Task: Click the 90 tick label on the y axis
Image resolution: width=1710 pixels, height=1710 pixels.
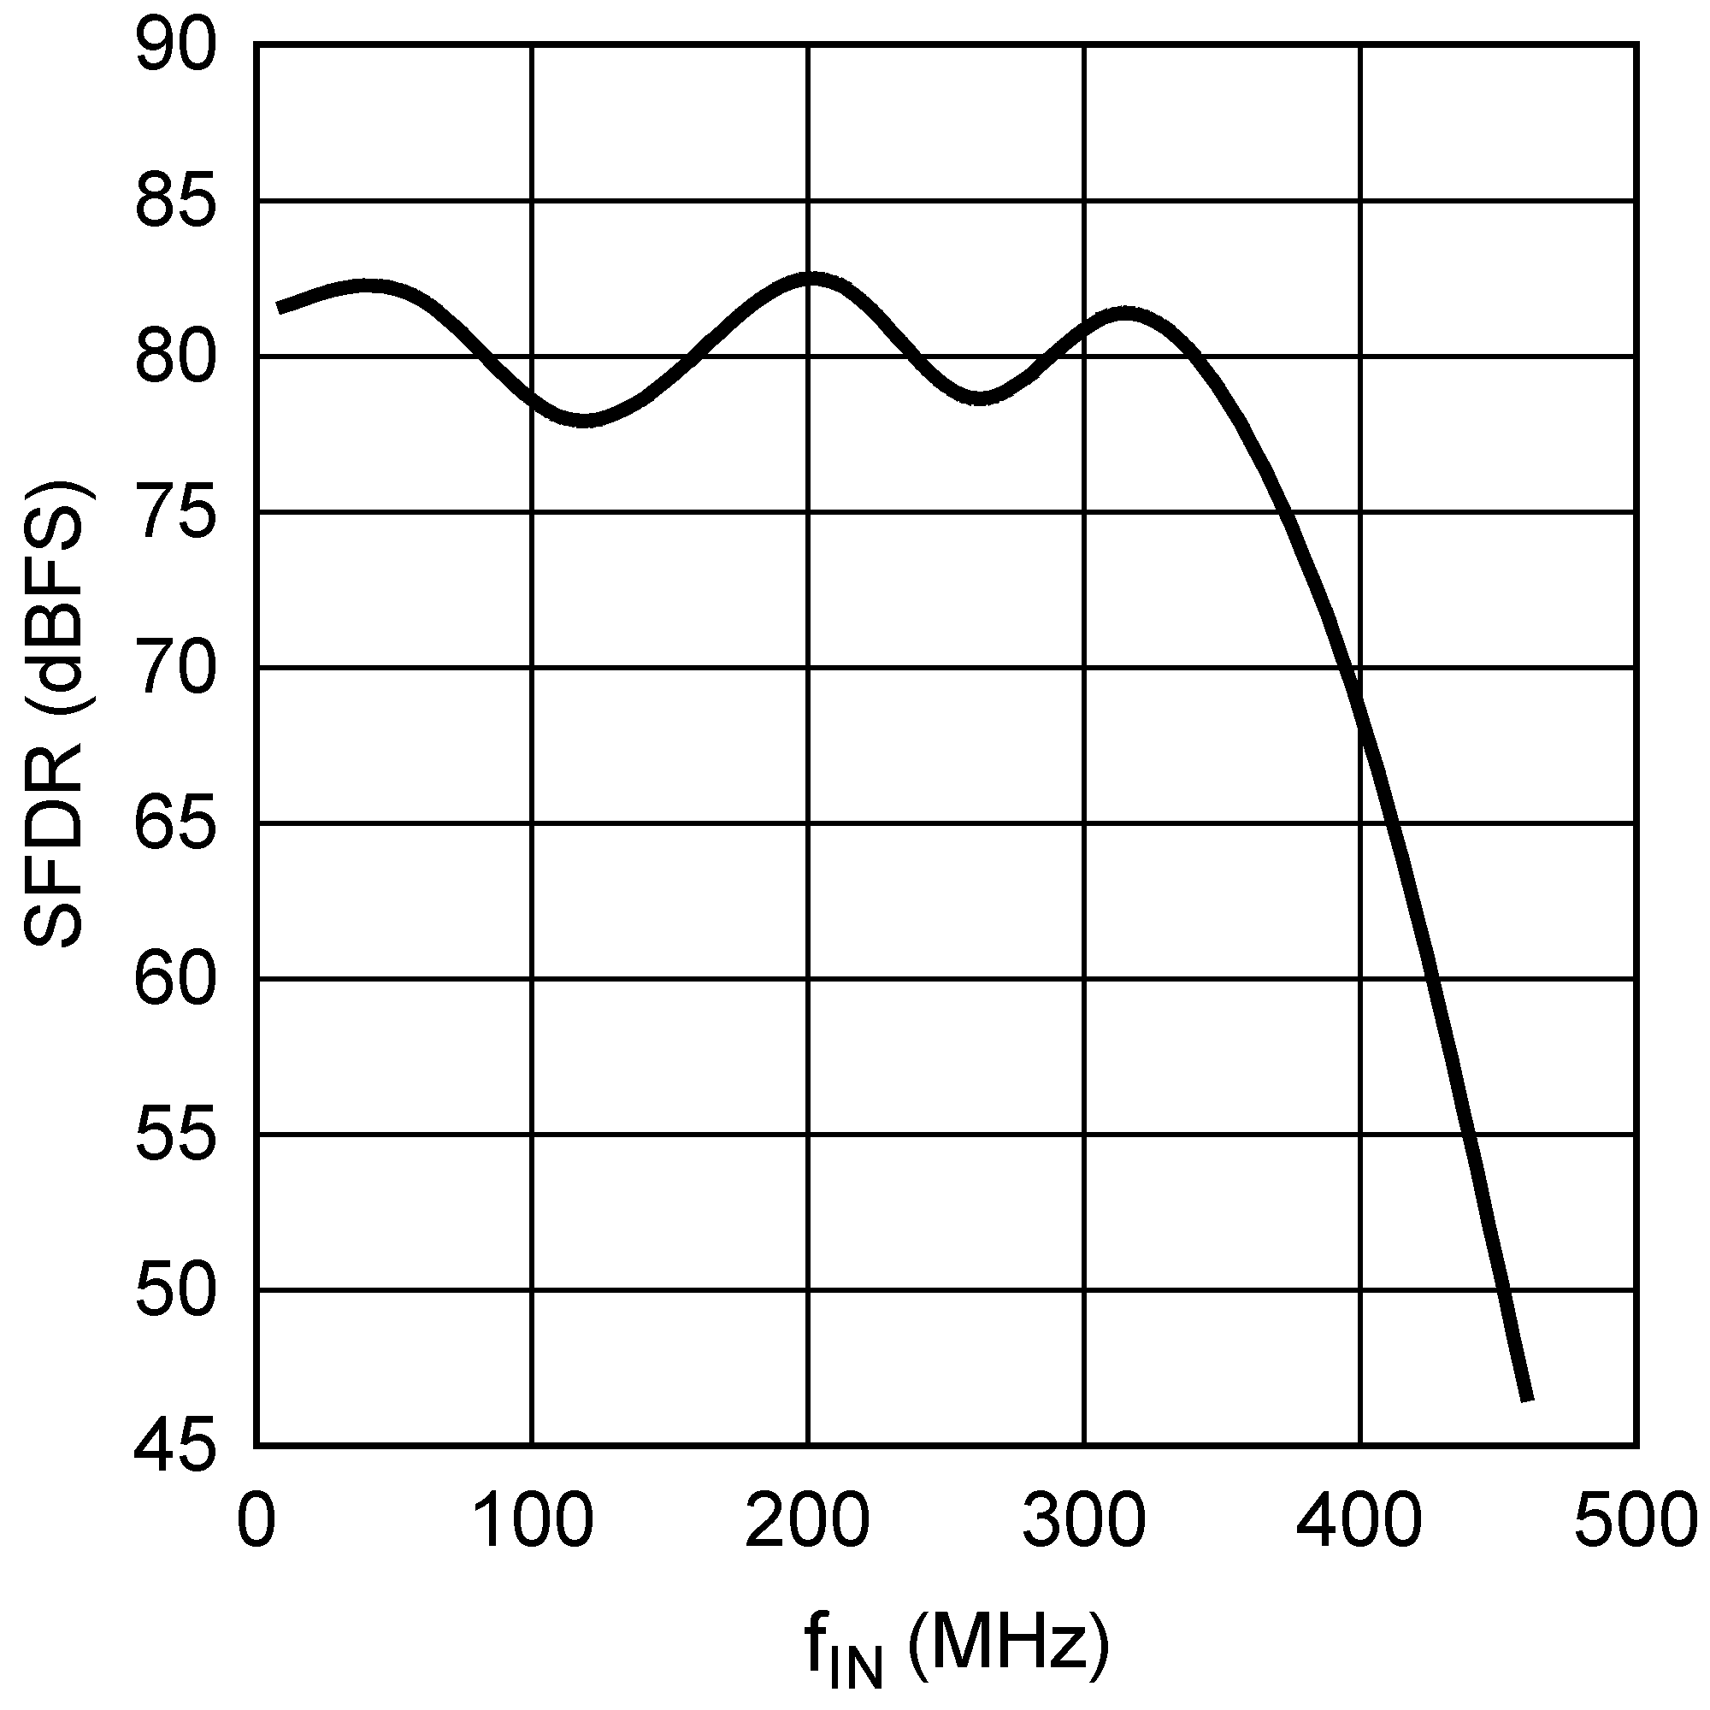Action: click(x=175, y=46)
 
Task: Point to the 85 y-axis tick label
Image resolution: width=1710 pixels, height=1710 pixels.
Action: click(x=175, y=202)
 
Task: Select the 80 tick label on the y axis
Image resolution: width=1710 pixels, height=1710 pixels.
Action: click(x=175, y=357)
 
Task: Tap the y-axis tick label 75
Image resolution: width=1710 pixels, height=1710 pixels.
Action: click(x=175, y=512)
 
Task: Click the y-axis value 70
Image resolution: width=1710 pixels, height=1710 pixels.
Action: click(x=175, y=669)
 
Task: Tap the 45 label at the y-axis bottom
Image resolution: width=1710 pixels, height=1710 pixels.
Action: click(x=175, y=1448)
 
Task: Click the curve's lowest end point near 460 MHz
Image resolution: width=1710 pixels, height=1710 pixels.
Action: click(x=1527, y=1399)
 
